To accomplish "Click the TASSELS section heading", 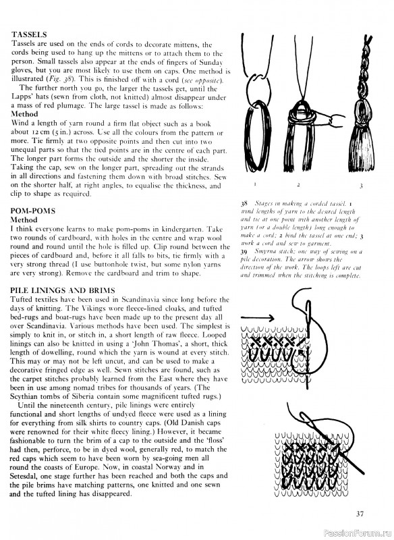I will [28, 34].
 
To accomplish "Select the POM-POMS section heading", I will [33, 210].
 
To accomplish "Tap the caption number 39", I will [244, 250].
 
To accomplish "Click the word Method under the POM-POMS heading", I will [25, 219].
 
